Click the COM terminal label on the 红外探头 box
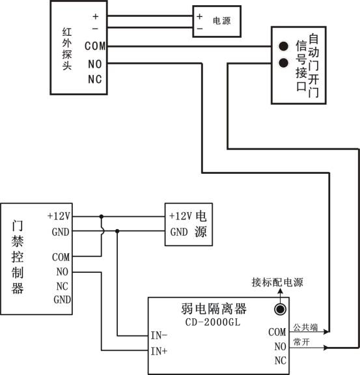coord(95,46)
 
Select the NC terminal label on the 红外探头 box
coord(95,79)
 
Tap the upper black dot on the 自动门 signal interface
coord(283,46)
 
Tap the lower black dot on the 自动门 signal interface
coord(283,64)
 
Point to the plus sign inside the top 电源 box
coord(199,16)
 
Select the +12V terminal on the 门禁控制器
coord(59,215)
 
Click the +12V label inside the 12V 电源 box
coord(180,215)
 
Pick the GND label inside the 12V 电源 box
coord(178,232)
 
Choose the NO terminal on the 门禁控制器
coord(62,271)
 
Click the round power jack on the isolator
coord(281,309)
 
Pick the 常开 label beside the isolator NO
coord(300,342)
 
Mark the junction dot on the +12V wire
coord(101,216)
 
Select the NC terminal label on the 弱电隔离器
coord(279,361)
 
